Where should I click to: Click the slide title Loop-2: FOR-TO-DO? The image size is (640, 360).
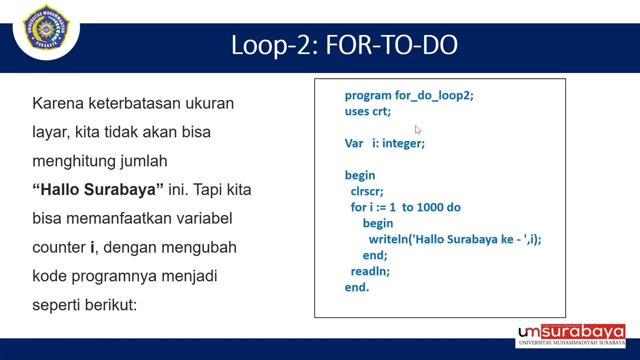click(x=344, y=45)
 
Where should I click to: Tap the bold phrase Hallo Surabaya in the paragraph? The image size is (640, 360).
click(x=98, y=190)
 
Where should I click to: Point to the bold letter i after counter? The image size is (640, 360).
click(x=92, y=247)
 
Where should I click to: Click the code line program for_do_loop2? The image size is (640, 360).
click(x=408, y=95)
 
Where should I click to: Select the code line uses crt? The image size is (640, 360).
click(x=367, y=111)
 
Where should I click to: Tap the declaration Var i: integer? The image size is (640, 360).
click(x=384, y=143)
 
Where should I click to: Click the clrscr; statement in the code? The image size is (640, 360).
click(x=367, y=191)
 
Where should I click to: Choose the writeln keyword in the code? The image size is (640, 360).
click(x=388, y=239)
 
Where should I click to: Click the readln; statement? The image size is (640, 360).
click(x=370, y=271)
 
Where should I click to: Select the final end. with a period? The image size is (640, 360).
click(x=356, y=287)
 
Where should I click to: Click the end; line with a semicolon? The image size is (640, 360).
click(x=375, y=255)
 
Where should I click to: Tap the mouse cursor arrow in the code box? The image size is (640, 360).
click(x=417, y=130)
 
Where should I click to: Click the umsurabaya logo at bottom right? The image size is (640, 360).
click(x=571, y=335)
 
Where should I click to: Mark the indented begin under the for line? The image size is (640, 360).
click(x=377, y=223)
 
